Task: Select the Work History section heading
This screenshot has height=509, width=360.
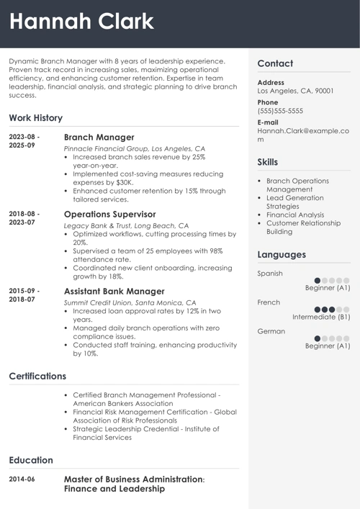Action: pyautogui.click(x=36, y=117)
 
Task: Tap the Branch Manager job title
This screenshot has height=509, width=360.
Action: pyautogui.click(x=99, y=137)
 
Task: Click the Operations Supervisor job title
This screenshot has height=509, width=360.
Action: pyautogui.click(x=109, y=214)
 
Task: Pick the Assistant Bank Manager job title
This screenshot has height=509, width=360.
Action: pyautogui.click(x=114, y=291)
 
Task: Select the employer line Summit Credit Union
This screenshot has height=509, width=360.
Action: pyautogui.click(x=130, y=302)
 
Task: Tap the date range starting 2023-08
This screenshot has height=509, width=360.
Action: pyautogui.click(x=24, y=140)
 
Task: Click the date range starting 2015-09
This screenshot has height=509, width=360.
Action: pyautogui.click(x=24, y=294)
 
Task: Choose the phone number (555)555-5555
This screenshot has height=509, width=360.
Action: pyautogui.click(x=280, y=112)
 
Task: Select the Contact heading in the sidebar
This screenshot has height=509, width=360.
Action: pyautogui.click(x=275, y=63)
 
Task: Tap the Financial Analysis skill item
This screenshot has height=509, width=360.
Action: pyautogui.click(x=295, y=215)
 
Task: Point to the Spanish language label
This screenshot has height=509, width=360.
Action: pyautogui.click(x=270, y=274)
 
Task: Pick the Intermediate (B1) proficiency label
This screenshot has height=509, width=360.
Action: pyautogui.click(x=321, y=317)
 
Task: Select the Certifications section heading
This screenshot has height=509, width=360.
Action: pyautogui.click(x=37, y=376)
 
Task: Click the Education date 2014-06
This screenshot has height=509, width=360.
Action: pyautogui.click(x=22, y=479)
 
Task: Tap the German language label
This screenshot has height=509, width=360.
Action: pyautogui.click(x=271, y=331)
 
